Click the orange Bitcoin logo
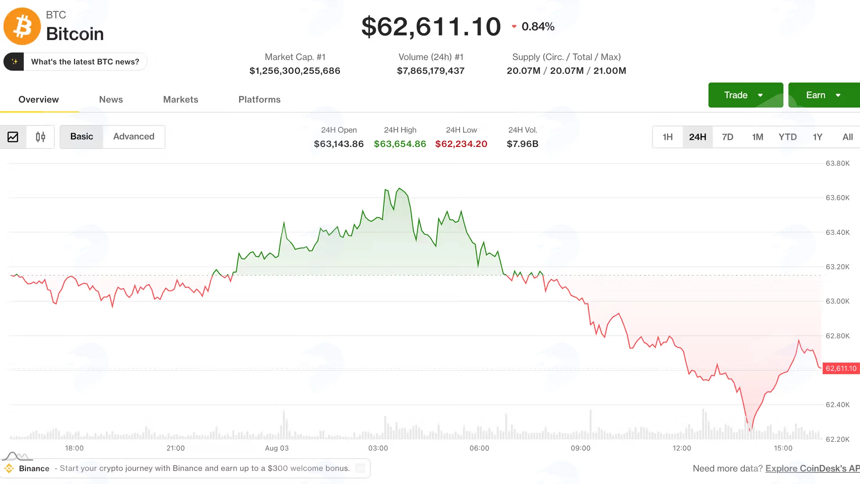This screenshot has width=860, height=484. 22,26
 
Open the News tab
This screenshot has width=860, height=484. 111,99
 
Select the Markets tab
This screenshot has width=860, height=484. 181,99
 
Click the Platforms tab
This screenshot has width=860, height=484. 259,99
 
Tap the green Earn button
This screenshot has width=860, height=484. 824,95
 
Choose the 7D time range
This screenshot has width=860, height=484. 727,137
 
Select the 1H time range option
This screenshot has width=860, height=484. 667,137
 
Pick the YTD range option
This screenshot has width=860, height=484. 787,137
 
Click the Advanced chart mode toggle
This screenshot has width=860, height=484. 133,136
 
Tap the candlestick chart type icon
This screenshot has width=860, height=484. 40,137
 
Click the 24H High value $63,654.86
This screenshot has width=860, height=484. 400,144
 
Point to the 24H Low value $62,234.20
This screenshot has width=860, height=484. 461,144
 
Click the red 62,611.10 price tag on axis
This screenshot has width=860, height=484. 841,368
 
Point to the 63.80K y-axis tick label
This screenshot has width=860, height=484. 838,163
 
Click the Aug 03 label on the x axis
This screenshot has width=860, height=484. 277,448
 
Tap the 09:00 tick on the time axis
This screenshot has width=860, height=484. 580,448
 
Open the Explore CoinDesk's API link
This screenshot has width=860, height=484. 813,468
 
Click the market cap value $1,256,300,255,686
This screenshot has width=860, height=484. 295,71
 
